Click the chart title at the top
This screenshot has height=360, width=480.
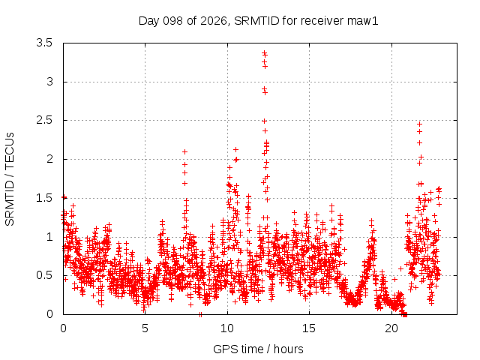click(x=258, y=21)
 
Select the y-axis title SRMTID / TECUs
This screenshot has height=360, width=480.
click(x=10, y=179)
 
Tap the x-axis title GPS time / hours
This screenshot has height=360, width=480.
click(x=258, y=349)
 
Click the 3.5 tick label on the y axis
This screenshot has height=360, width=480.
click(x=44, y=43)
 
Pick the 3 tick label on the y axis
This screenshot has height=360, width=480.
click(x=49, y=82)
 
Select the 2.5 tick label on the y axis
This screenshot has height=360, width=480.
click(x=44, y=120)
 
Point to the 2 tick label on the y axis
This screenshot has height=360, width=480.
click(x=49, y=159)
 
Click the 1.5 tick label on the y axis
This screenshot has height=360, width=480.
click(x=44, y=198)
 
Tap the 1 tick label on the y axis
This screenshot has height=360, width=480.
click(x=50, y=237)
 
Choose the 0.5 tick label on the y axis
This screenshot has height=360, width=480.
click(x=44, y=275)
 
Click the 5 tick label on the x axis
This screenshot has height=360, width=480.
click(x=145, y=328)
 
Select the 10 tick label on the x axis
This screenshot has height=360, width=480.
click(x=227, y=328)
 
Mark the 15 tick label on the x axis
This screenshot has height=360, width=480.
click(x=309, y=328)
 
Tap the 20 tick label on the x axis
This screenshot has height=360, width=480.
click(x=391, y=328)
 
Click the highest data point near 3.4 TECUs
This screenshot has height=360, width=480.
click(x=265, y=53)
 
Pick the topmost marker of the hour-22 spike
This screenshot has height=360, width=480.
click(x=420, y=124)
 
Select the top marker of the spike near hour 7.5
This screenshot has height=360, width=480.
click(x=184, y=151)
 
